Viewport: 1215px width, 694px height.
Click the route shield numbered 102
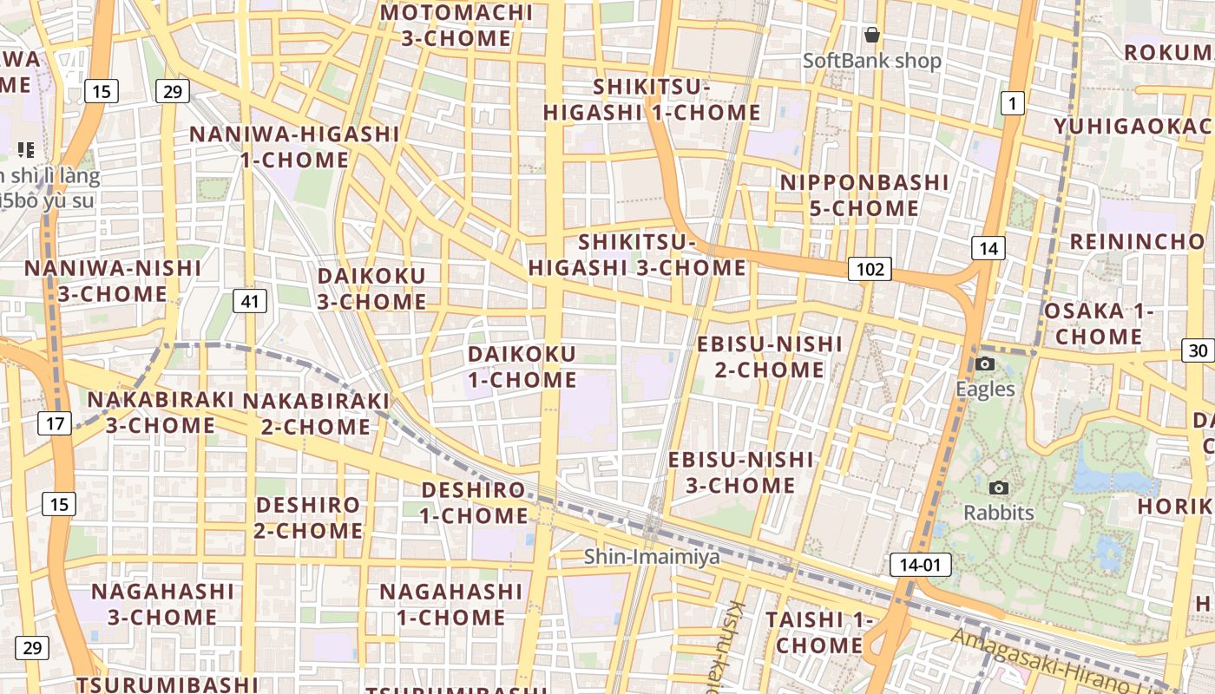click(x=870, y=269)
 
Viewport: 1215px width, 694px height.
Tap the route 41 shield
click(x=250, y=301)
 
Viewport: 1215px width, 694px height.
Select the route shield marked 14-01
click(x=920, y=566)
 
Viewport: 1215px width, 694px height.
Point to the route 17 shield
click(x=55, y=423)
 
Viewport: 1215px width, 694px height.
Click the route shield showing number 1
click(x=1011, y=104)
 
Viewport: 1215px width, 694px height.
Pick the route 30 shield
click(x=1198, y=350)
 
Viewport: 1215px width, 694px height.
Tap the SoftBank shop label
click(x=871, y=61)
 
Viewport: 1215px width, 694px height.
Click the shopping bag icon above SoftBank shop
click(x=872, y=35)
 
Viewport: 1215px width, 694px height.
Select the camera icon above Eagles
click(x=985, y=363)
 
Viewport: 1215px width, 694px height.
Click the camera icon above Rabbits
click(x=999, y=488)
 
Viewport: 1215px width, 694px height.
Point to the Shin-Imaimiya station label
click(x=651, y=556)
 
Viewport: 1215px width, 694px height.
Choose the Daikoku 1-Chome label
click(x=522, y=367)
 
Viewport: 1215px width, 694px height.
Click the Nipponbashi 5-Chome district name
click(x=864, y=195)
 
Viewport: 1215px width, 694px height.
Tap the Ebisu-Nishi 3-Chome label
click(x=741, y=472)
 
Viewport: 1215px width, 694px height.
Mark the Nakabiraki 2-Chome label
click(x=316, y=414)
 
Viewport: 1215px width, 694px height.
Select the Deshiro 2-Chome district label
click(x=308, y=517)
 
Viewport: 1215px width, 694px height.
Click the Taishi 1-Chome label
click(x=819, y=632)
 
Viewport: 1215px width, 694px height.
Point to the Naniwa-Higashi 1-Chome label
click(x=295, y=147)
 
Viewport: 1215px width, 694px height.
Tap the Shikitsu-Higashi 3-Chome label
click(x=637, y=255)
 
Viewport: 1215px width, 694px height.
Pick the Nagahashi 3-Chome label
click(x=162, y=604)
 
